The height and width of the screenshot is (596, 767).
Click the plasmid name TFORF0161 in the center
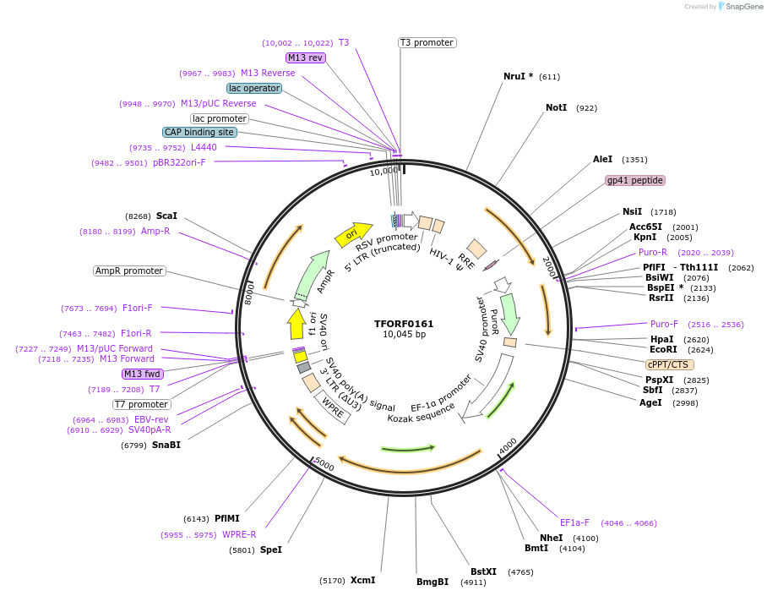click(403, 323)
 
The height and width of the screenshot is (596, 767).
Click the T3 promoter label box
click(427, 42)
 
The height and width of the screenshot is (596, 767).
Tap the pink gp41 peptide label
click(635, 180)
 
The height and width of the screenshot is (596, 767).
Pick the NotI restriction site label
click(556, 108)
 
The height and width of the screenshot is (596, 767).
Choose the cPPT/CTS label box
click(669, 364)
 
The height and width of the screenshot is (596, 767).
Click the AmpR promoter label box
click(129, 271)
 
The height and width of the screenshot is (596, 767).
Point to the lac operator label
click(253, 88)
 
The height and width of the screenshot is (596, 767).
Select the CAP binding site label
click(199, 132)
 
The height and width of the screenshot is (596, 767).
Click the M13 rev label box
click(305, 57)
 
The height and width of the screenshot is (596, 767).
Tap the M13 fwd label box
click(142, 374)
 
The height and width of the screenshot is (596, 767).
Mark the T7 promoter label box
click(142, 404)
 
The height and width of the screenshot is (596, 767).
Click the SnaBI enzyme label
click(166, 445)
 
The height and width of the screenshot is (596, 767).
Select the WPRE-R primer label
click(239, 534)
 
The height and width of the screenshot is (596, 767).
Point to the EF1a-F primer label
click(574, 522)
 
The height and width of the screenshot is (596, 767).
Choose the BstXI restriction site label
click(483, 572)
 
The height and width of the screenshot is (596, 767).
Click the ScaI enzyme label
click(166, 216)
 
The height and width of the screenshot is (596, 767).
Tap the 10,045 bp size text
click(403, 335)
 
